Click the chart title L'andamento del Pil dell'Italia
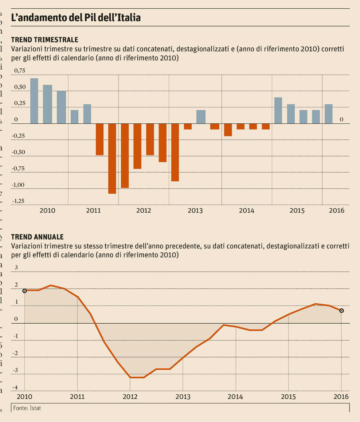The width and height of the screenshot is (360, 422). pos(76,18)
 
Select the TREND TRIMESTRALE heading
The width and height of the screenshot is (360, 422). pos(45,40)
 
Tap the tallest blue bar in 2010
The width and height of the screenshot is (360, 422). pos(34,101)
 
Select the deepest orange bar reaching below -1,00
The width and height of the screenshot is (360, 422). pos(112,158)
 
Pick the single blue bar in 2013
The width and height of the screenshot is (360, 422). pos(201,117)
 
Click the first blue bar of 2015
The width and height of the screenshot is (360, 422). pos(278,110)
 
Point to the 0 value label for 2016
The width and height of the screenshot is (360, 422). pos(341,119)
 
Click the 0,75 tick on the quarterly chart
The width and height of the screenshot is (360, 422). pos(20,71)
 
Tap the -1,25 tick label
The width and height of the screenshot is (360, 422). pos(19,201)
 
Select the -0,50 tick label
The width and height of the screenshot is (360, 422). pos(19,152)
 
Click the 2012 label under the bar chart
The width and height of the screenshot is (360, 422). pos(144,210)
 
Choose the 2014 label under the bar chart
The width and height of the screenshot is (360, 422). pos(247,210)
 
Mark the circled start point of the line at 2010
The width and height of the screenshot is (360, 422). pos(24,291)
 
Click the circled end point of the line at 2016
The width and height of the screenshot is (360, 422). pos(341,311)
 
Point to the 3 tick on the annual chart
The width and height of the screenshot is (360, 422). pos(16,268)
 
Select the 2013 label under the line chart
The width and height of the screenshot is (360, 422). pos(183,396)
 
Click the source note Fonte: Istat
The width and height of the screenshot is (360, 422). pos(27,408)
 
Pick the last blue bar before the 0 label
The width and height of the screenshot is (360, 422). pos(329,114)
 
